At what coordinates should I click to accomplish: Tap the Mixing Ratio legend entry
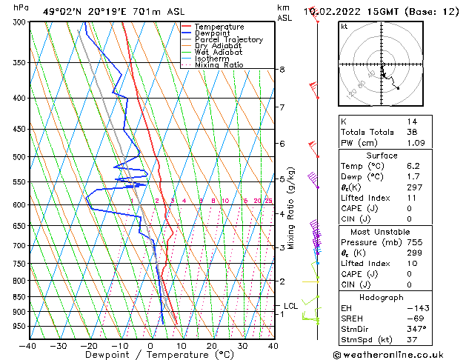[x=219, y=65]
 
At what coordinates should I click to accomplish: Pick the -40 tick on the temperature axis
[x=28, y=345]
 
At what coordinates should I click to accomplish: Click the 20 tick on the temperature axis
[x=212, y=345]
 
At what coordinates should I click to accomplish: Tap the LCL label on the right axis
[x=291, y=305]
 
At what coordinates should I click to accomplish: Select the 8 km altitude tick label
[x=282, y=70]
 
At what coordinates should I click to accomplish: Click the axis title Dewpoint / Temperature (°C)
[x=150, y=356]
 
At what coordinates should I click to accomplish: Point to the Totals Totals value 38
[x=413, y=131]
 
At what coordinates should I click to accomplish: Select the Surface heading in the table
[x=382, y=156]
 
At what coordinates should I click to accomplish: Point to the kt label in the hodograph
[x=344, y=26]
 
